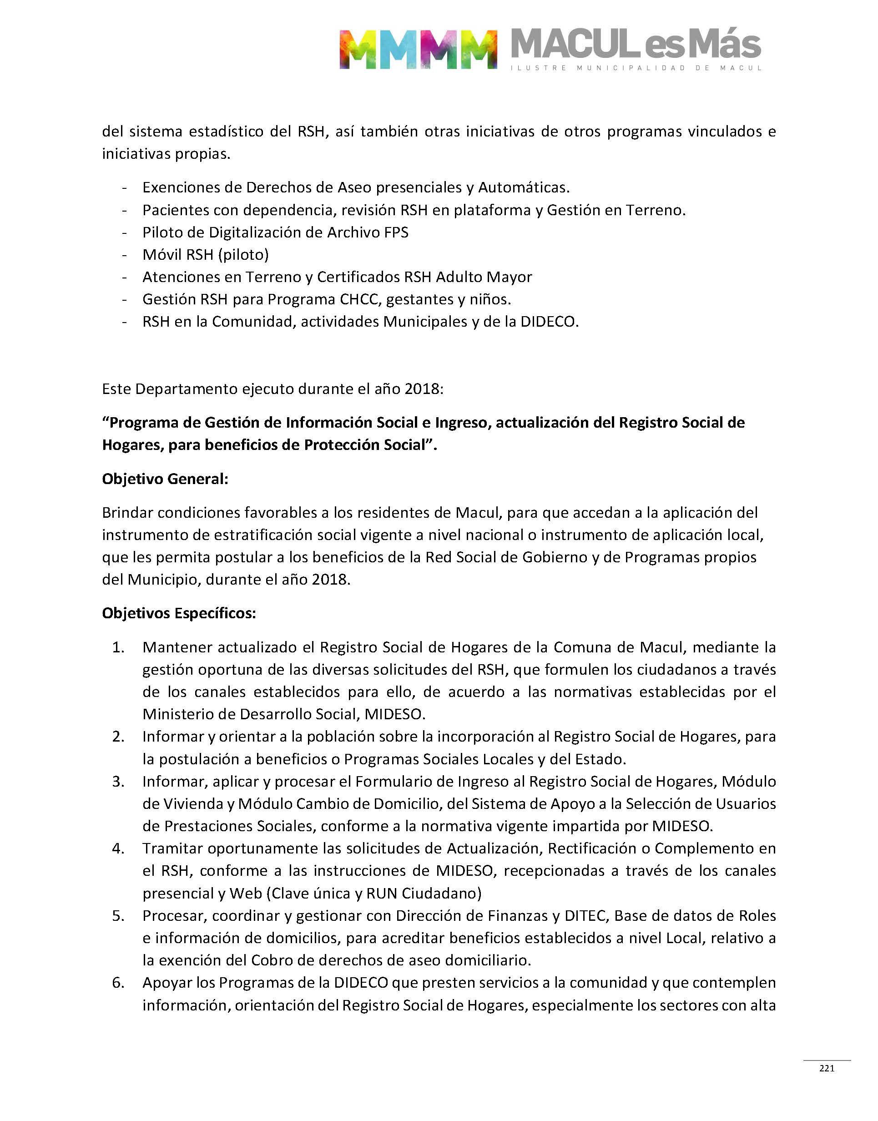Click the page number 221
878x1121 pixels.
tap(827, 1068)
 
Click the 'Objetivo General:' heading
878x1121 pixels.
tap(165, 479)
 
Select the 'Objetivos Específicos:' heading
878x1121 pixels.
tap(179, 613)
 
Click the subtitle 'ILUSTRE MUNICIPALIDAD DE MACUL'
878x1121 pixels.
tap(636, 68)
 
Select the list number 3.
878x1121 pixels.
tap(118, 782)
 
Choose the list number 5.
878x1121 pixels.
tap(118, 916)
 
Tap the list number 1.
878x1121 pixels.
tap(118, 647)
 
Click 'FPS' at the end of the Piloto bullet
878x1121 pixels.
tap(396, 232)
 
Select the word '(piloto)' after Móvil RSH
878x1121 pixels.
tap(243, 255)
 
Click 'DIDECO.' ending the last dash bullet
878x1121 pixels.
tap(549, 322)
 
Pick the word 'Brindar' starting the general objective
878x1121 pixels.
tap(127, 513)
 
